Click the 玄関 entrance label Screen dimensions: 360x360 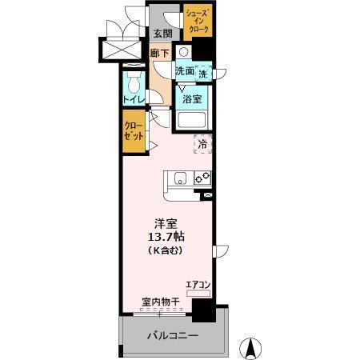[x=162, y=33]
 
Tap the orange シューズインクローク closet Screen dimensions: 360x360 [x=198, y=22]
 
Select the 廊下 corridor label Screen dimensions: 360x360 [x=160, y=54]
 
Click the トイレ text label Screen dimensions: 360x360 [x=134, y=99]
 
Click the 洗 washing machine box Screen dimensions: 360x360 [x=204, y=74]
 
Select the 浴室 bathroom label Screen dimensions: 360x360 [x=191, y=99]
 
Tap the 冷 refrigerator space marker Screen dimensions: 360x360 [x=202, y=145]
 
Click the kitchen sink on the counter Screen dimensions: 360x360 [x=178, y=178]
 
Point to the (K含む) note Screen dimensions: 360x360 [x=165, y=250]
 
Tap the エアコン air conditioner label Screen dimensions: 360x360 [x=198, y=284]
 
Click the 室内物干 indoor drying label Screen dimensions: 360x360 [x=160, y=302]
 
